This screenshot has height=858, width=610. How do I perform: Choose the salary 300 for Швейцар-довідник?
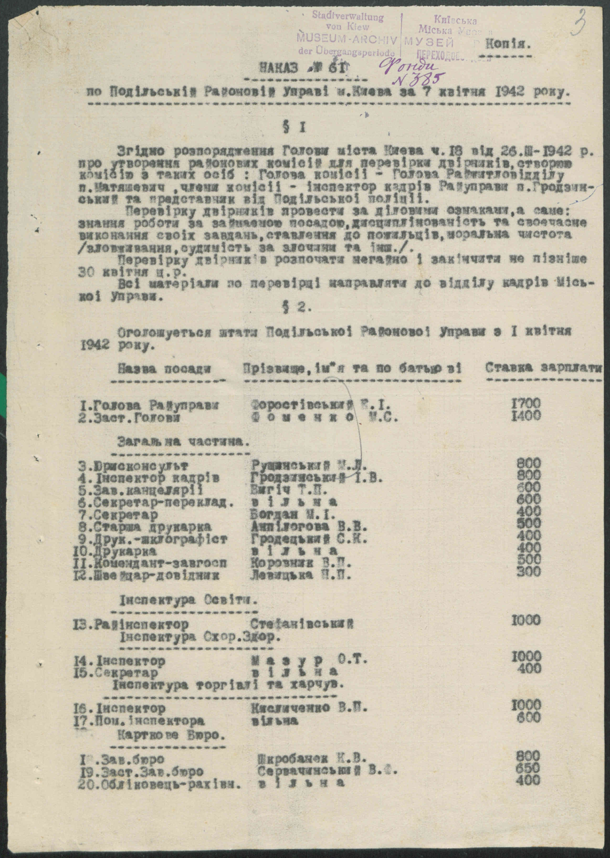[x=528, y=572]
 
